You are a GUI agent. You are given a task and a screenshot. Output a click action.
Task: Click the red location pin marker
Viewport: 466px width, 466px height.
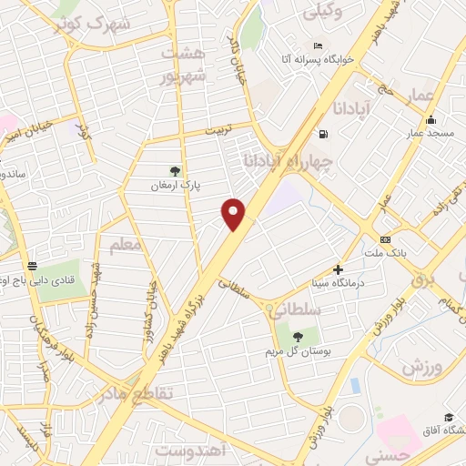(235, 213)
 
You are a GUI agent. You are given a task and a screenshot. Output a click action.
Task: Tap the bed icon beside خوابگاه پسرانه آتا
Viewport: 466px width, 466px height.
(317, 46)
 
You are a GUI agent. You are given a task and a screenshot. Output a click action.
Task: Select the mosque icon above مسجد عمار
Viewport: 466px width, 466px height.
(430, 119)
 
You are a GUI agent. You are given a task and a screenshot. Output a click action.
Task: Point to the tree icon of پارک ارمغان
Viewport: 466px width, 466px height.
(175, 170)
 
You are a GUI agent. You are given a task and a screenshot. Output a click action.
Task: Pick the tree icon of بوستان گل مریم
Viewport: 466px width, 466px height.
(297, 336)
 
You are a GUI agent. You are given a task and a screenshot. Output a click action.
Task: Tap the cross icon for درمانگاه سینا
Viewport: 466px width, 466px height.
(338, 269)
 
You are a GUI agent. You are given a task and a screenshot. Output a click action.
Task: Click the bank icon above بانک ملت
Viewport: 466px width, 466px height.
(386, 238)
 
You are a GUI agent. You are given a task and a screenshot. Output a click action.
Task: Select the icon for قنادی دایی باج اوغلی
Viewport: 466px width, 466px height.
(33, 266)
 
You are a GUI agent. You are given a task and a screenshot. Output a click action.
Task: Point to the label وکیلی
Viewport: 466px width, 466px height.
(327, 13)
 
